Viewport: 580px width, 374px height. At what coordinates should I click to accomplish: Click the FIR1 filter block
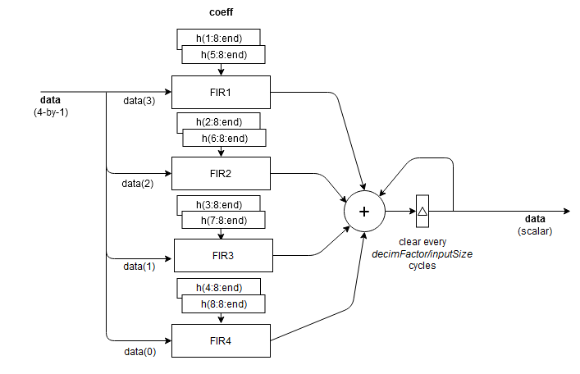(221, 92)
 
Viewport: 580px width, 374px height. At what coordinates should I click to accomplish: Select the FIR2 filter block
(221, 173)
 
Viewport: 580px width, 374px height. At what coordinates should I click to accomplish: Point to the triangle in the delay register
(422, 211)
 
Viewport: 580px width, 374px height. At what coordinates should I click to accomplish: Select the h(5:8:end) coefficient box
(224, 55)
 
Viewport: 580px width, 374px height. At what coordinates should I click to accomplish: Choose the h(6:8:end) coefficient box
(224, 137)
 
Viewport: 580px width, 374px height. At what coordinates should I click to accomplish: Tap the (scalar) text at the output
(535, 231)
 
